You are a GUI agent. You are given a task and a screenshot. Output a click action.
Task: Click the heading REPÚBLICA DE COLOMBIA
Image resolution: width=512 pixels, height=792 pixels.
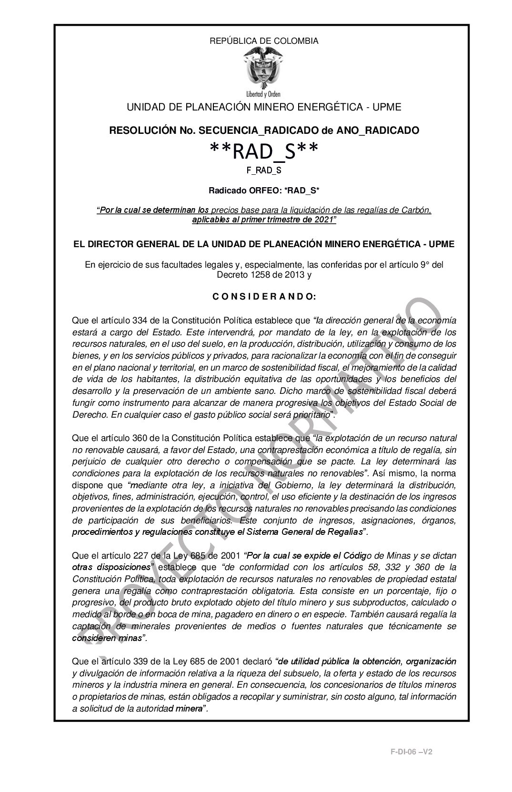tap(264, 41)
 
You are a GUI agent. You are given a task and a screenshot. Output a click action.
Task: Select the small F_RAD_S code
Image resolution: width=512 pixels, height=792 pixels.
tap(264, 170)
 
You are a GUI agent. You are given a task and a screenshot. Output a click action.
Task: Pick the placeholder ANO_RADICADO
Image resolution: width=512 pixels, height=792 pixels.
tap(384, 130)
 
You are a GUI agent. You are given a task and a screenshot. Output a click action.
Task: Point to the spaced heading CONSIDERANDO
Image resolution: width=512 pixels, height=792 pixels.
tap(264, 297)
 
